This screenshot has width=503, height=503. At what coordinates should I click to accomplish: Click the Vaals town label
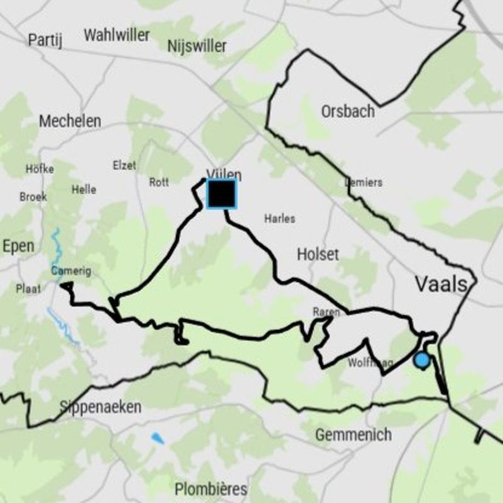pyautogui.click(x=441, y=284)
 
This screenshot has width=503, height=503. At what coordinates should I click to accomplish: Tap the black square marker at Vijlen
pyautogui.click(x=221, y=194)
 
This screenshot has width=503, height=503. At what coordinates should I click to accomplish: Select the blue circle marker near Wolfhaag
pyautogui.click(x=422, y=360)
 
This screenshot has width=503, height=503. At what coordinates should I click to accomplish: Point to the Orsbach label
pyautogui.click(x=348, y=111)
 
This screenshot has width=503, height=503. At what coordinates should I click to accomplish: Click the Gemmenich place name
pyautogui.click(x=353, y=434)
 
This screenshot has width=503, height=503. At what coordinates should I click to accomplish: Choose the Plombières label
pyautogui.click(x=211, y=489)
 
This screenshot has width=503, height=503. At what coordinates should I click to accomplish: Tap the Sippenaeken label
pyautogui.click(x=101, y=407)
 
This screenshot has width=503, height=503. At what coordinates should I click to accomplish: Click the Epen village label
pyautogui.click(x=18, y=246)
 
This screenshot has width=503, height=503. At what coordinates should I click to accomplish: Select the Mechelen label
pyautogui.click(x=70, y=121)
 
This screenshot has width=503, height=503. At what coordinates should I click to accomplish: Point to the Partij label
pyautogui.click(x=46, y=40)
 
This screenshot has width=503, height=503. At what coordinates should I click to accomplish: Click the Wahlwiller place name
pyautogui.click(x=117, y=35)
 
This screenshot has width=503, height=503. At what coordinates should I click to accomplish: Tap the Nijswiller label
pyautogui.click(x=197, y=46)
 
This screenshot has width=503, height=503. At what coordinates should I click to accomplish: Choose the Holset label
pyautogui.click(x=318, y=254)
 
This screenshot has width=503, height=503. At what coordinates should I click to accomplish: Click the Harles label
pyautogui.click(x=280, y=219)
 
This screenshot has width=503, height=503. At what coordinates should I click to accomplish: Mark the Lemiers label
pyautogui.click(x=363, y=182)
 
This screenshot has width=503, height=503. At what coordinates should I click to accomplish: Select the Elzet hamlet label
pyautogui.click(x=124, y=165)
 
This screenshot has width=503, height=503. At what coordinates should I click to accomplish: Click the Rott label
pyautogui.click(x=159, y=182)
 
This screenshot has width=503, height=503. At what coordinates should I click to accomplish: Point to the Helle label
pyautogui.click(x=84, y=189)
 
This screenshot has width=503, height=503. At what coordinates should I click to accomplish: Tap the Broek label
pyautogui.click(x=33, y=197)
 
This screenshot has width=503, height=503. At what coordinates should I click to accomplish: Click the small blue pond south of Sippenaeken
pyautogui.click(x=157, y=438)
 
